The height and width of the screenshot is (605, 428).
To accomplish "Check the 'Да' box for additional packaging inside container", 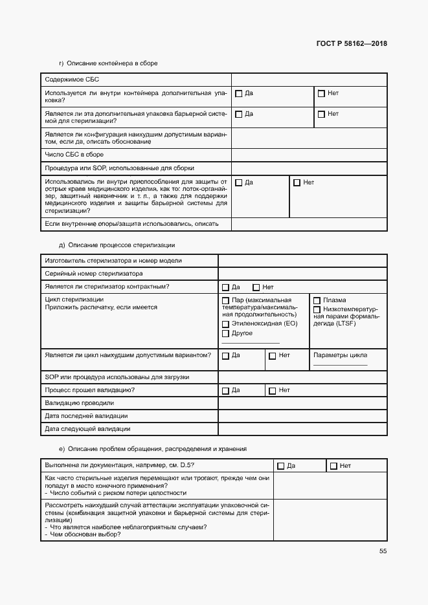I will (x=238, y=94).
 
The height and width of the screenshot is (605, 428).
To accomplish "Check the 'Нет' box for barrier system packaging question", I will (x=321, y=115).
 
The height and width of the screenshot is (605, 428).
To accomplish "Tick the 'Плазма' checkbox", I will (x=317, y=300).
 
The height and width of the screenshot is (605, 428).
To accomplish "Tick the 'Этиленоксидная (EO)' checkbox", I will (x=225, y=324).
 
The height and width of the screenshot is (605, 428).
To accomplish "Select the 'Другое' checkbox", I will (x=225, y=334).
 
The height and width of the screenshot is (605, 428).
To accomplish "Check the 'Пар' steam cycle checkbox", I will (x=225, y=300).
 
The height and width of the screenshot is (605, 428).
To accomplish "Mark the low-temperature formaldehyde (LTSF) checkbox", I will (x=317, y=309).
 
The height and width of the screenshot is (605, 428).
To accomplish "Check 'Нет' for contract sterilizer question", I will (x=256, y=287).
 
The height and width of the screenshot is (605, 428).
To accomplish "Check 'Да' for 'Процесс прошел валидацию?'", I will (x=225, y=391).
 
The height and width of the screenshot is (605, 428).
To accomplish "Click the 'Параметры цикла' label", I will (x=340, y=355).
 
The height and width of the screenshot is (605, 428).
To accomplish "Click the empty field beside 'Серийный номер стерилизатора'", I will (x=302, y=274).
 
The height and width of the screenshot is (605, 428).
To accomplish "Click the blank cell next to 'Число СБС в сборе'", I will (x=309, y=155).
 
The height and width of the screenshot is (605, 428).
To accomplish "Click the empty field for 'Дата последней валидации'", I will (x=302, y=416).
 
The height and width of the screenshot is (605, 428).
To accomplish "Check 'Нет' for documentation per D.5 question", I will (x=333, y=466).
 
